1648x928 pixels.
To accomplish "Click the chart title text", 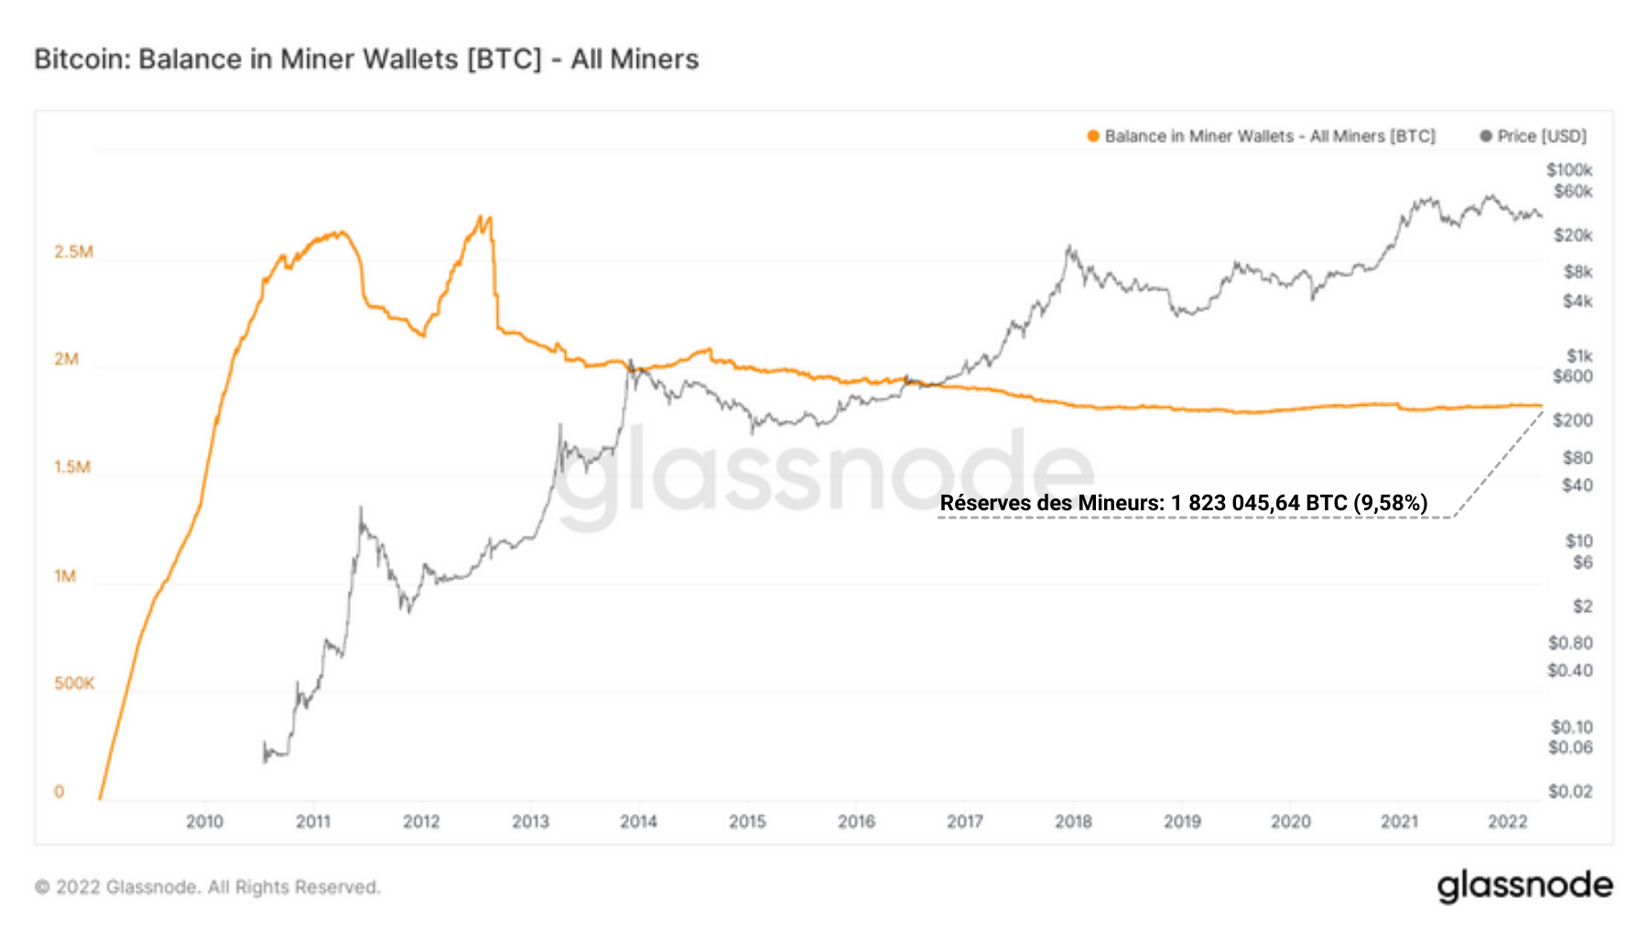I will point(366,60).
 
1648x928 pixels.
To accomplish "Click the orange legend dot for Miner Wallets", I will point(1092,136).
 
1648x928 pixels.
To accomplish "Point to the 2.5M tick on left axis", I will point(73,252).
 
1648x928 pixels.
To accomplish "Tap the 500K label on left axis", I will point(74,683).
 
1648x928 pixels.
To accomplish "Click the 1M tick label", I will point(65,576).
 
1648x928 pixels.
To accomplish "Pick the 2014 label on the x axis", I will point(638,822).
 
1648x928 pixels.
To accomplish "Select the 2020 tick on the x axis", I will point(1290,822).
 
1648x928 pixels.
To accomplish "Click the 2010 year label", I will point(204,822).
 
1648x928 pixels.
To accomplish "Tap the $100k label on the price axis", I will point(1569,170).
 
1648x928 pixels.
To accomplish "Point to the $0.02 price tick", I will point(1569,792).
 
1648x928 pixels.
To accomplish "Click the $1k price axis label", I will point(1578,355).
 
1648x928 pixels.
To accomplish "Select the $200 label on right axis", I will point(1572,420).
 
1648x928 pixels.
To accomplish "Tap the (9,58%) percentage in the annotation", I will point(1390,503).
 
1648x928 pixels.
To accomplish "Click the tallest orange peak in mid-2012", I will point(480,218).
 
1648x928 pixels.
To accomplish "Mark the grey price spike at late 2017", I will point(1068,246).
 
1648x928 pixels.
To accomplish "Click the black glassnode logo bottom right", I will point(1524,887).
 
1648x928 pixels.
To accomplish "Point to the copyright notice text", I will point(208,888).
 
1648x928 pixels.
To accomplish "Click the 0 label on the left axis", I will point(60,792).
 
